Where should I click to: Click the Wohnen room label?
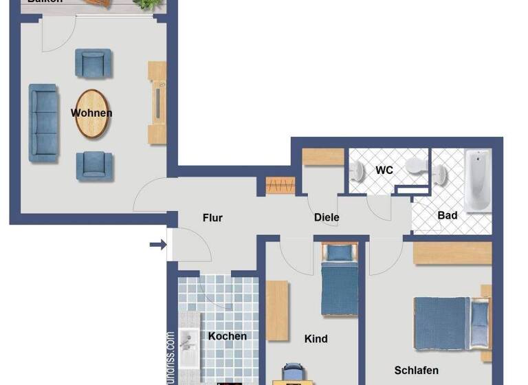(91, 113)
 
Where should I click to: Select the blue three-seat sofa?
(43, 123)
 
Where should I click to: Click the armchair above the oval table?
(93, 64)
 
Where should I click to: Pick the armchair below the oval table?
(94, 166)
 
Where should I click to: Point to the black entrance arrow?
(157, 245)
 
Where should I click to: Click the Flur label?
(212, 218)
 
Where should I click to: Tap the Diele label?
(327, 217)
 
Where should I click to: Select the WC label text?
(384, 170)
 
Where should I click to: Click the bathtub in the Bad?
(477, 180)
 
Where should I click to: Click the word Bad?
(448, 215)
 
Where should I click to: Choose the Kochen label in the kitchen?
(228, 336)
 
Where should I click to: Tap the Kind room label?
(316, 338)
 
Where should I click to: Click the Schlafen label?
(416, 371)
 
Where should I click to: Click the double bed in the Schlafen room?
(451, 322)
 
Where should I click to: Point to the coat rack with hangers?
(280, 186)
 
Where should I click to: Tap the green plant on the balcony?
(145, 4)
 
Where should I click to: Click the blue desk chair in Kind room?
(292, 372)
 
